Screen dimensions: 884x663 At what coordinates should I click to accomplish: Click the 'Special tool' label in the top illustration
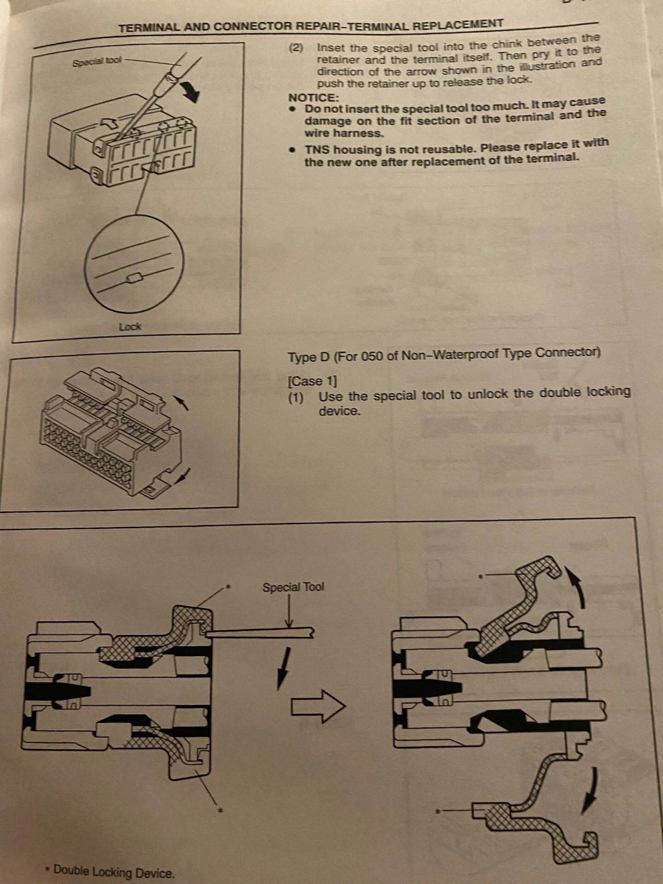pos(97,61)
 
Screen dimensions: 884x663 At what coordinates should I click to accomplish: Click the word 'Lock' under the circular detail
pos(130,327)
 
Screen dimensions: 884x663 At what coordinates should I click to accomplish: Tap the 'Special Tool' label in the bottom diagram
pos(293,587)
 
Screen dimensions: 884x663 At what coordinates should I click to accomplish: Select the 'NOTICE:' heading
pos(314,98)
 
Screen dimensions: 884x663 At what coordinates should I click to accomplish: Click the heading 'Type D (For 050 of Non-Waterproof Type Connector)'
pos(444,355)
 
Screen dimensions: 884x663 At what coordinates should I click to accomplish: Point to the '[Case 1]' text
pos(312,381)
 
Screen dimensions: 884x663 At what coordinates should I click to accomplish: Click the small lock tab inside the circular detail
pos(135,278)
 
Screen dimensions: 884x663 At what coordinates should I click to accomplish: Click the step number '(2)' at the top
pos(296,48)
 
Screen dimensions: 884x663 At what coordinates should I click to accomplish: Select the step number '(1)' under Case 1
pos(296,397)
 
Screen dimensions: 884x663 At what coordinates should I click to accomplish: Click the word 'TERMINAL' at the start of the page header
pos(149,28)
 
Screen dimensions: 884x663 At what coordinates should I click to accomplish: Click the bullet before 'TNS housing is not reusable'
pos(292,150)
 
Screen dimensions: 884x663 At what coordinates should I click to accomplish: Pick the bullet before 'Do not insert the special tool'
pos(292,110)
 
